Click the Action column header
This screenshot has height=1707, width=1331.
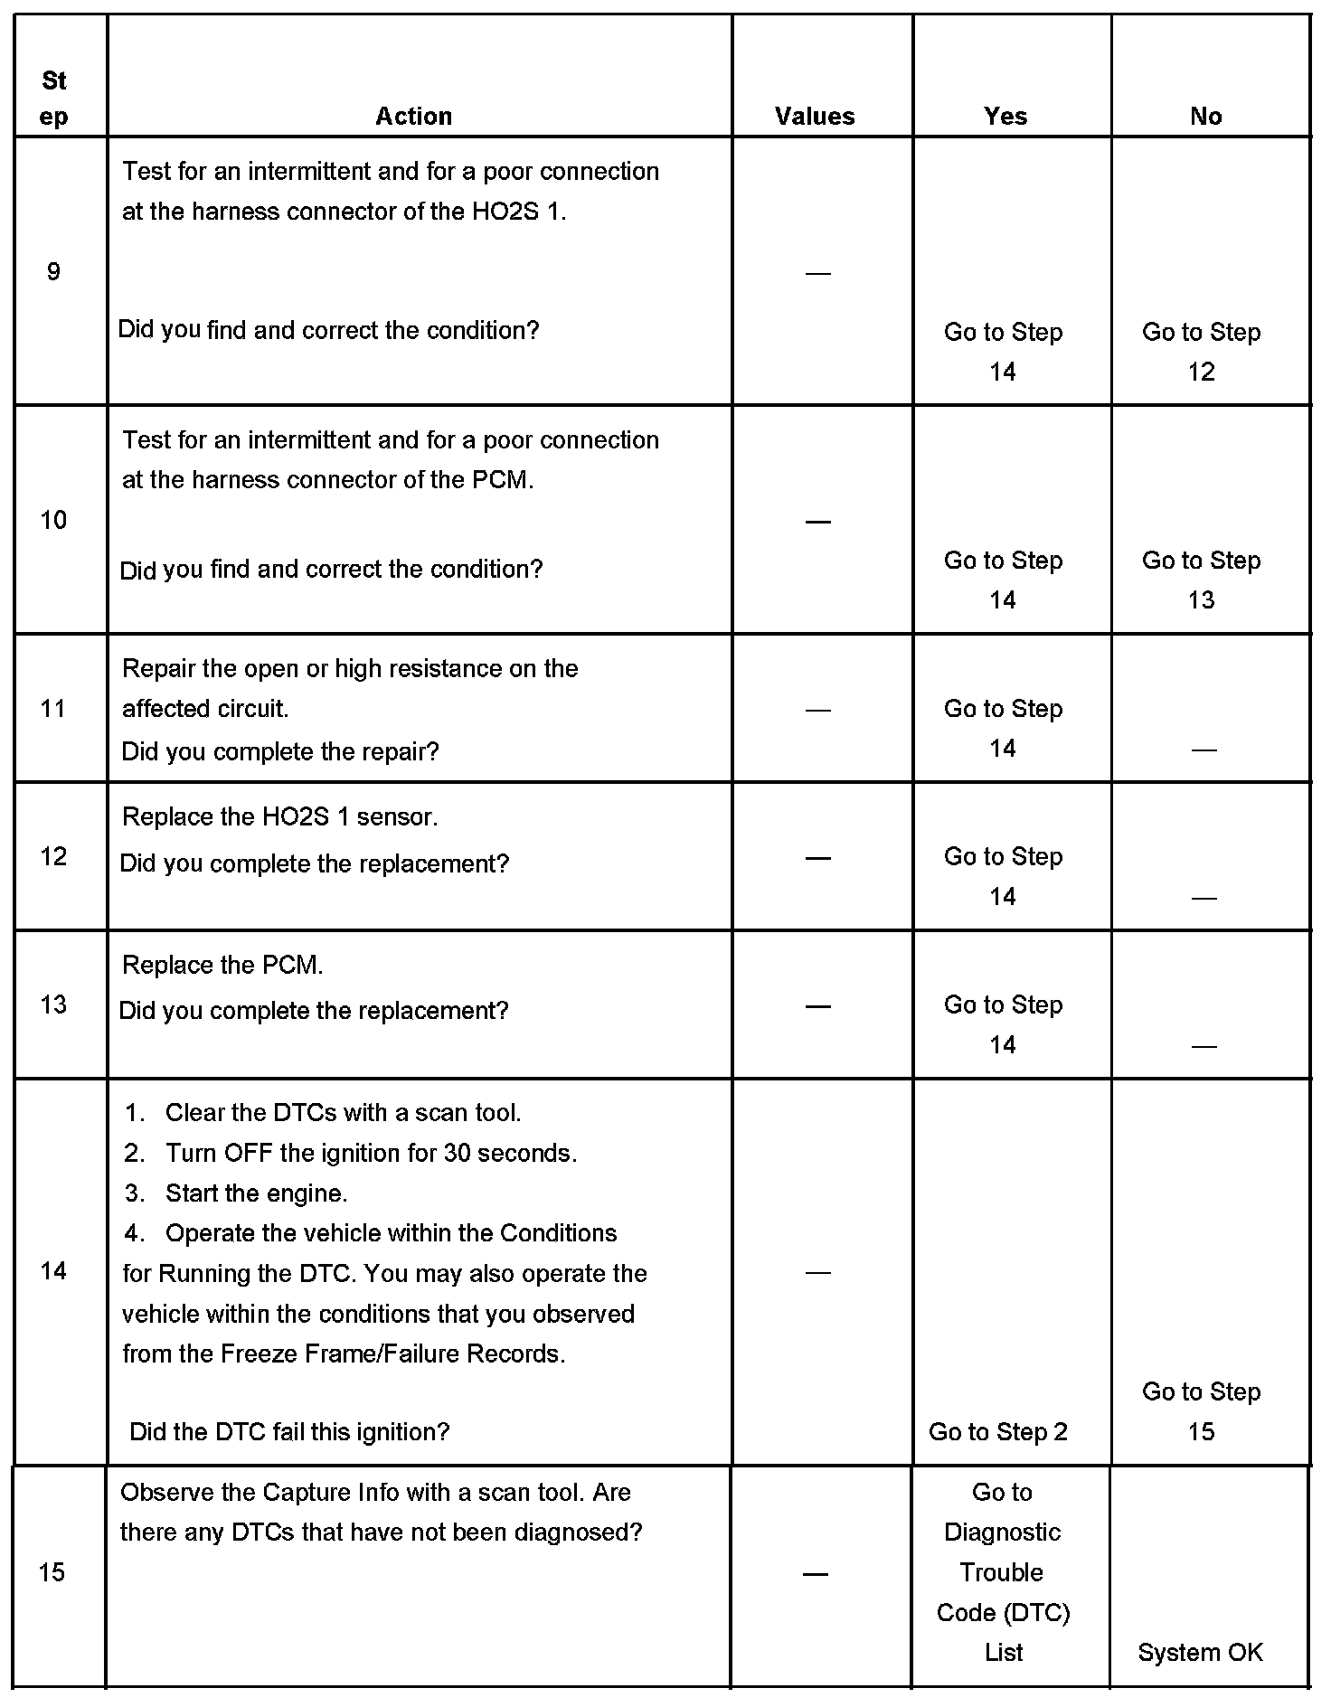tap(413, 116)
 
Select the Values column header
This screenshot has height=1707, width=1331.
tap(815, 116)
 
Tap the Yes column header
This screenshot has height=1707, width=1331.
tap(1005, 116)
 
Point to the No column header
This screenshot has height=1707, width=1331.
tap(1205, 116)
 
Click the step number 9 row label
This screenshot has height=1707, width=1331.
tap(53, 271)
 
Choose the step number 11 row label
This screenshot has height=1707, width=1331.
tap(53, 708)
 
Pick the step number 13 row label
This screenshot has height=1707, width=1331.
tap(53, 1004)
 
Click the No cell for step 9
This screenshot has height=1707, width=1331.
tap(1201, 352)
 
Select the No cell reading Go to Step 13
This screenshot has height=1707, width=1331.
tap(1201, 580)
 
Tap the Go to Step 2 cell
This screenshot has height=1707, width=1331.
tap(998, 1431)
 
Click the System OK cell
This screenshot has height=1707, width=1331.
tap(1200, 1652)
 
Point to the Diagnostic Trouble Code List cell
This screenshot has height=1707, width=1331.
tap(1003, 1571)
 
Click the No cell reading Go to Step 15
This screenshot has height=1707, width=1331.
tap(1201, 1411)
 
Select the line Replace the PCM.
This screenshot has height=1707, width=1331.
tap(222, 965)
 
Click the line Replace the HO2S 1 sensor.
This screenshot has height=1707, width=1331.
tap(279, 816)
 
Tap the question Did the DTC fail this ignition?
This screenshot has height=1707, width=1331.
tap(289, 1431)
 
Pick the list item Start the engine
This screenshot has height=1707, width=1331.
tap(256, 1193)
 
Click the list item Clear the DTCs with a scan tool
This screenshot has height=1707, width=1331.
tap(343, 1112)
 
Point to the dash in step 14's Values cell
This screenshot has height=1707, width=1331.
tap(817, 1272)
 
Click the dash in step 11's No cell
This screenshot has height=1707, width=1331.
tap(1204, 750)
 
